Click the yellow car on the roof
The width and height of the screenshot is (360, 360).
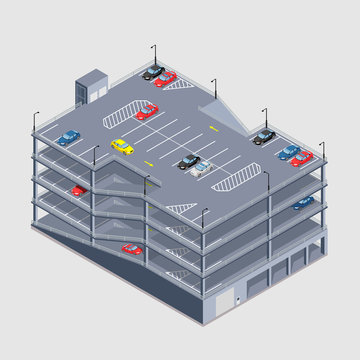(x=122, y=147)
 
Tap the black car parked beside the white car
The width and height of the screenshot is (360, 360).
(x=188, y=160)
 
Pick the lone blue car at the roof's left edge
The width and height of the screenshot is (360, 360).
(x=68, y=137)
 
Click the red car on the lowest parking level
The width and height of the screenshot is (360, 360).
(x=131, y=248)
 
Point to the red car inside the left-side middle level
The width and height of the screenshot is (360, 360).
(x=78, y=190)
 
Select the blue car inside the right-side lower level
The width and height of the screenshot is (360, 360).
(x=302, y=203)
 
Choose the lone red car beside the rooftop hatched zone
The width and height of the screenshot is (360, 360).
(x=147, y=112)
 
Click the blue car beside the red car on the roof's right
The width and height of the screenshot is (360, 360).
(x=289, y=152)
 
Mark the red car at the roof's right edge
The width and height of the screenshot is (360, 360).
(x=300, y=158)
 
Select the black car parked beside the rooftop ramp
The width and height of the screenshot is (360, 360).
(x=264, y=137)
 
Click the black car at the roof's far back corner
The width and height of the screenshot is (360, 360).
(x=153, y=72)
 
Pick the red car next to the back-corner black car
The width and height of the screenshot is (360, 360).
(x=166, y=78)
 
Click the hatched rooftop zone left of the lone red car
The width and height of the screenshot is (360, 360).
(x=116, y=120)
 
